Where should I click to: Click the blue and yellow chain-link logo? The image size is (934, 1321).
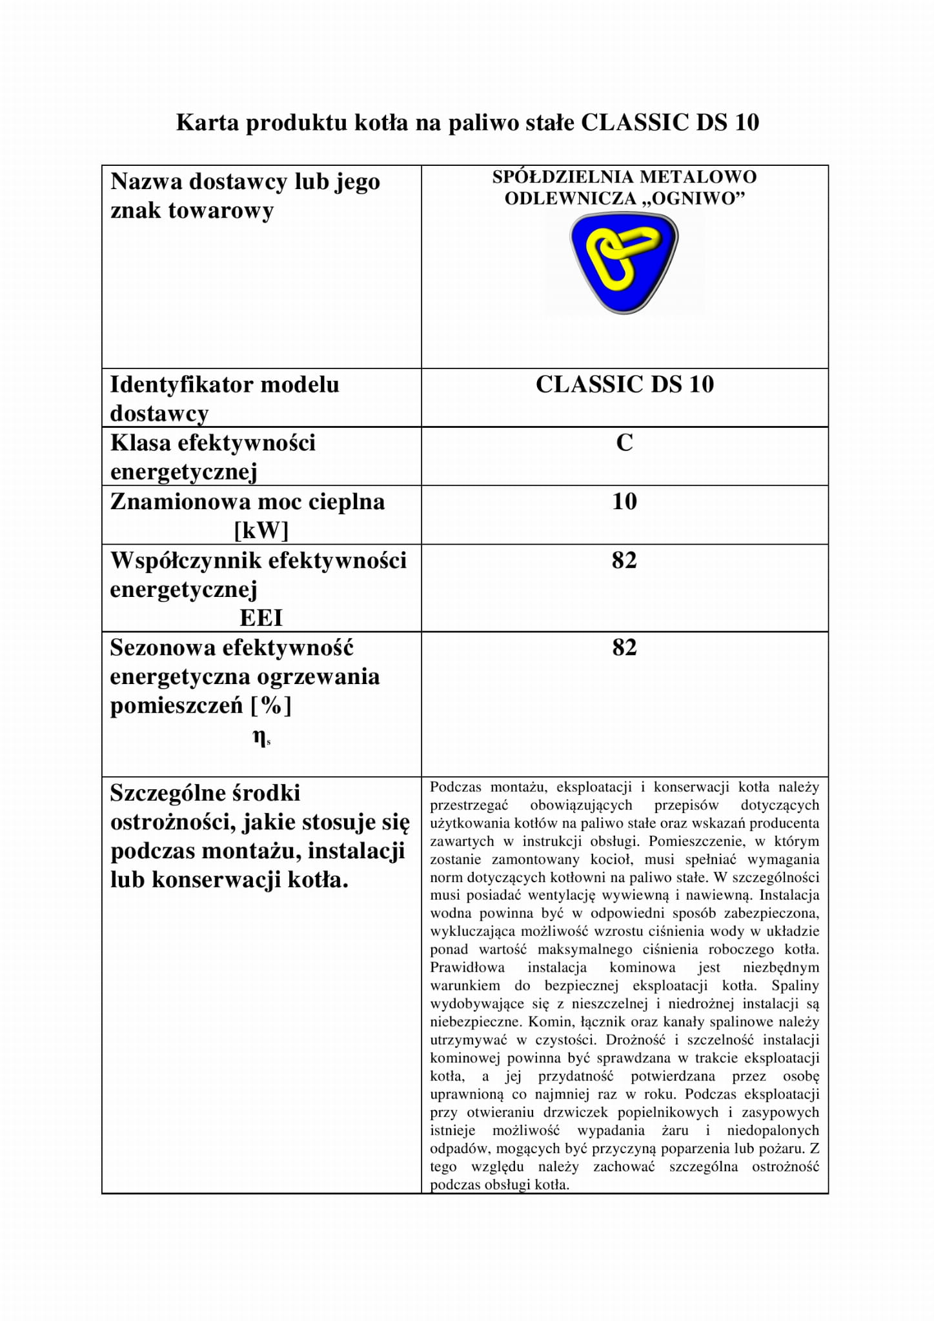point(624,263)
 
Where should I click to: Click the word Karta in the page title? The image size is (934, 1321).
point(207,122)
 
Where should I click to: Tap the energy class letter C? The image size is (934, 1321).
point(624,443)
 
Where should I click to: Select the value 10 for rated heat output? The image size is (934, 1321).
point(624,501)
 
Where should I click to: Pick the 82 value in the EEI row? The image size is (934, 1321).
point(624,560)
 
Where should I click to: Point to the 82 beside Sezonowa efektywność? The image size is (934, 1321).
point(624,647)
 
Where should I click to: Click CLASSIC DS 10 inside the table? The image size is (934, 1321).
point(624,385)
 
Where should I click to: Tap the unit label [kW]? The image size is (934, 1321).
point(261,530)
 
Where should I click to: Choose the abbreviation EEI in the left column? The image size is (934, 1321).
point(261,618)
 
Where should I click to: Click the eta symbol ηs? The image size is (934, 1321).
point(261,738)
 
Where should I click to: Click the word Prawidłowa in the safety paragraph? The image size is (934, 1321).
point(467,967)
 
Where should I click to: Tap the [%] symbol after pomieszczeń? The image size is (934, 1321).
point(271,705)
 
